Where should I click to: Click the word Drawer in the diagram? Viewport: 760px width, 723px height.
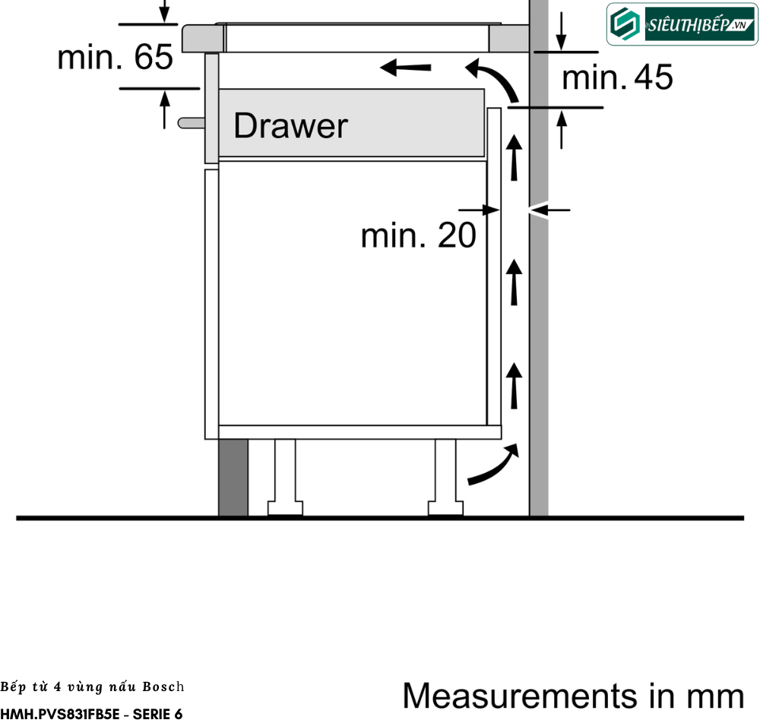tap(290, 125)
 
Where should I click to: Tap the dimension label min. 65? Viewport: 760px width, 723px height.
tap(116, 57)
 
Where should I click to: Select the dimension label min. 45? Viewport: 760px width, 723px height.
tap(617, 77)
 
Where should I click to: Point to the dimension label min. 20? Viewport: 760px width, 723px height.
tap(418, 235)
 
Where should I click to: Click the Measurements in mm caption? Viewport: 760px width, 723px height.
tap(573, 695)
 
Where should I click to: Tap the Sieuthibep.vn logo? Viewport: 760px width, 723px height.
tap(680, 24)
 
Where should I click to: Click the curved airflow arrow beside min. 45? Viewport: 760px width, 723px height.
tap(492, 80)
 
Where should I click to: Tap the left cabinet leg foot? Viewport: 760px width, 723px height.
tap(285, 507)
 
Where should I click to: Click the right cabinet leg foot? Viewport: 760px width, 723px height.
tap(445, 507)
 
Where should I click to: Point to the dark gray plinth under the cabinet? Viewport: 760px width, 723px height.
tap(233, 478)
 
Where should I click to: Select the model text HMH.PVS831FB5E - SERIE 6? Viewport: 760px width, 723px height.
tap(91, 714)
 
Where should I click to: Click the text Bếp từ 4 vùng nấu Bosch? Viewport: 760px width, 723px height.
tap(91, 687)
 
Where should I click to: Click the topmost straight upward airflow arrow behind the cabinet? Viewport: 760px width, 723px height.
tap(515, 156)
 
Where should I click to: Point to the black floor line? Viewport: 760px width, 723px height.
tap(380, 518)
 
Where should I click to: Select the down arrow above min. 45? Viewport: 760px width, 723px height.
tap(561, 30)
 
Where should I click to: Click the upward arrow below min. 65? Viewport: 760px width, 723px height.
tap(165, 109)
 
